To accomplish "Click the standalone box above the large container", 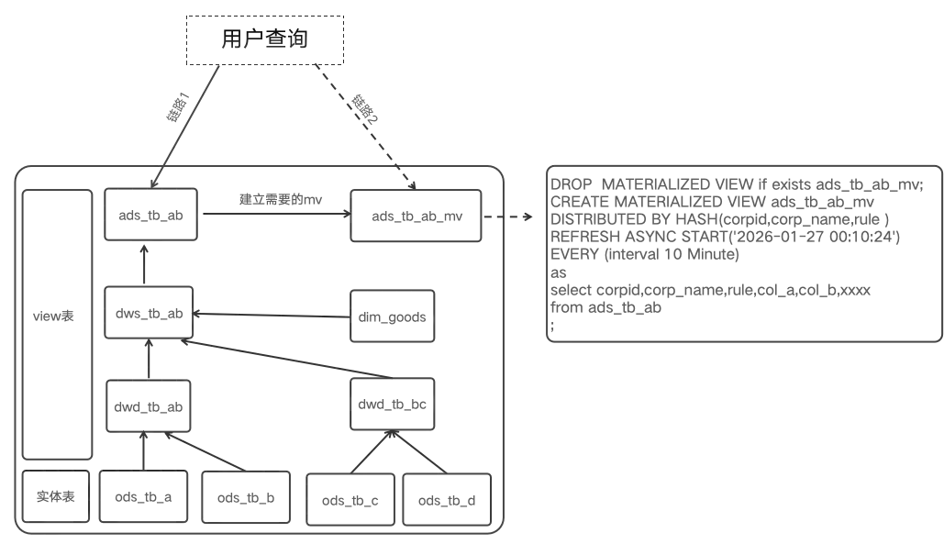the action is point(263,41).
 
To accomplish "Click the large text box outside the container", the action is point(744,252).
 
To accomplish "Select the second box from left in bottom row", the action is point(142,498).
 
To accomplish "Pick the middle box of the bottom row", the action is point(245,498).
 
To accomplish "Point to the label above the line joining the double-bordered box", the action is point(277,197).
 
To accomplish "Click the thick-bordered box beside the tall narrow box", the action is point(150,315).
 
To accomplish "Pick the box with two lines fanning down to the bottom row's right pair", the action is point(394,402).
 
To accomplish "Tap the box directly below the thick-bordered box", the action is point(150,402).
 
